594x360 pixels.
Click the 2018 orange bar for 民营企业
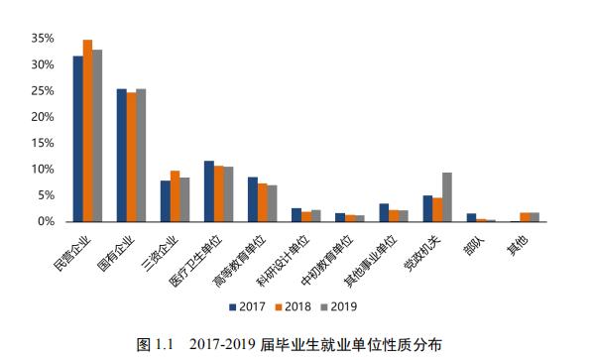87,131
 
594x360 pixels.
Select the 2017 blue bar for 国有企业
121,156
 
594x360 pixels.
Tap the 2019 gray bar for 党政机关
447,197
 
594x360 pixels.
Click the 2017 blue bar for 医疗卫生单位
209,191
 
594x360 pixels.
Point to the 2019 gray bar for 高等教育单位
273,203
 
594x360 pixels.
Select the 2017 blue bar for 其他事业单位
384,212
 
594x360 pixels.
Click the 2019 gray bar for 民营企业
97,136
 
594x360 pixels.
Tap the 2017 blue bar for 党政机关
427,208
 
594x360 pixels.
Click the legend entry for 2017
248,305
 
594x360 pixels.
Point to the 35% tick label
42,38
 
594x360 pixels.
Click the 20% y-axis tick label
42,116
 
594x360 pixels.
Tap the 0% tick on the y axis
46,221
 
